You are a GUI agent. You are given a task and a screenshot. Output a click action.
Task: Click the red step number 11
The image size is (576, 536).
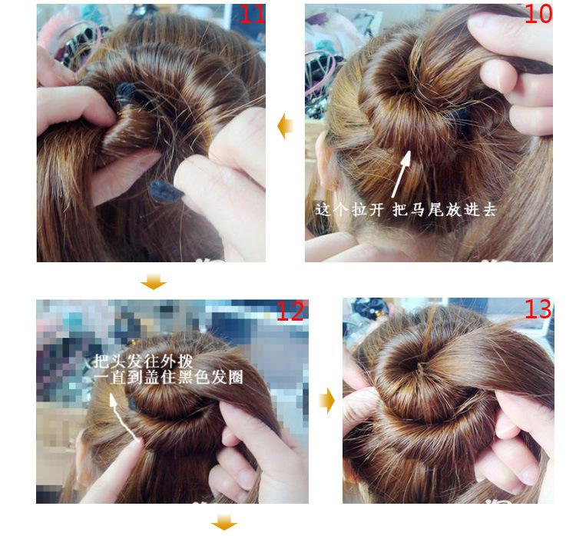tap(251, 14)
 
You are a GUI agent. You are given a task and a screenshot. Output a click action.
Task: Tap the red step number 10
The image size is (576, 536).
tap(538, 14)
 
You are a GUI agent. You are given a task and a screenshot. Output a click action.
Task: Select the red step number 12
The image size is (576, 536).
tap(290, 311)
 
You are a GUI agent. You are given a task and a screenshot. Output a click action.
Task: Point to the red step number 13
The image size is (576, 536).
tap(538, 309)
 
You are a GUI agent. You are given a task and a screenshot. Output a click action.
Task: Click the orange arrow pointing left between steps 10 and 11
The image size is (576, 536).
tap(285, 125)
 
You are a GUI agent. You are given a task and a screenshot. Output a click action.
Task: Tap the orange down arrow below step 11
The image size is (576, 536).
tap(154, 282)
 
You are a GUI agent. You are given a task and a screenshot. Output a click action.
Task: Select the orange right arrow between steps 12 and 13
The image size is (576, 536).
tap(327, 401)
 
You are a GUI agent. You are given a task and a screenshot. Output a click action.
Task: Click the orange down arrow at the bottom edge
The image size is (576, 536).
tap(223, 524)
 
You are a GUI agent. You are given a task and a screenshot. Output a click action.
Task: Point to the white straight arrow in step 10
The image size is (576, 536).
tap(401, 173)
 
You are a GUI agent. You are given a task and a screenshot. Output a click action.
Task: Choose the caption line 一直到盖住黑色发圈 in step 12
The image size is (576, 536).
tap(158, 378)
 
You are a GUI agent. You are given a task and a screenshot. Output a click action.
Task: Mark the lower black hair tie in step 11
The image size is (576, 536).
tap(163, 189)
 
